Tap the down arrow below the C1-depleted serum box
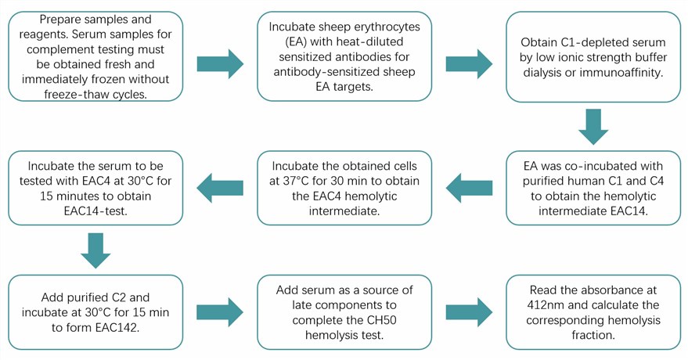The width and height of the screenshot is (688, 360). point(595,125)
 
